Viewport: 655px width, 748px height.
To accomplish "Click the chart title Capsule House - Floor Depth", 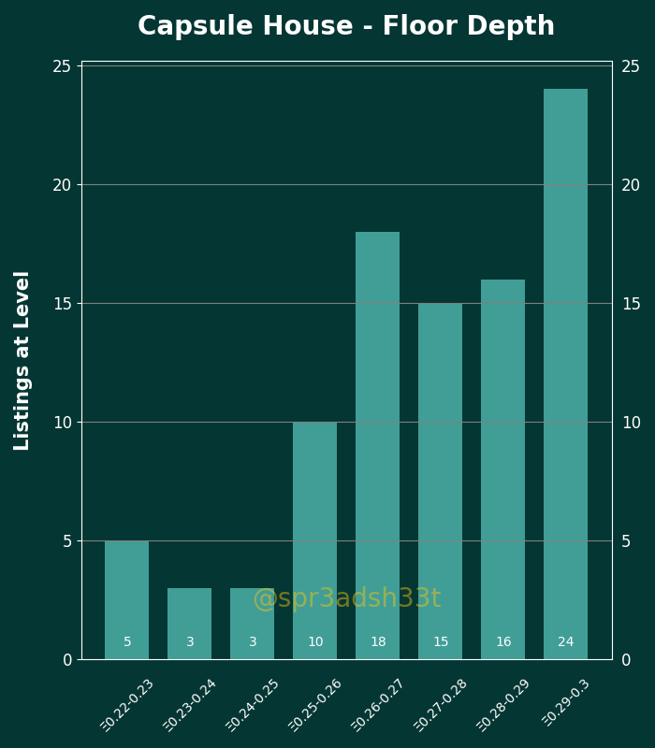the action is (346, 25).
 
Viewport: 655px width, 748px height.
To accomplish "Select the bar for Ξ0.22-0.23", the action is (126, 600).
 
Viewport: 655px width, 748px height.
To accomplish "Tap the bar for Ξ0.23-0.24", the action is (190, 624).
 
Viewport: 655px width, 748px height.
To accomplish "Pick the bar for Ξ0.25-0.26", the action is (314, 541).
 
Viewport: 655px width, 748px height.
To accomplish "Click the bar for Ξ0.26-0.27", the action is (378, 446).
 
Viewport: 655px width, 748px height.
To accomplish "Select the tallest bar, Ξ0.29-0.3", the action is (566, 375).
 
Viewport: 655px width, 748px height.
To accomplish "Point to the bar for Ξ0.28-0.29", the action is (502, 469).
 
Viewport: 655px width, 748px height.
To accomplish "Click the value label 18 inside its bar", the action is (378, 641).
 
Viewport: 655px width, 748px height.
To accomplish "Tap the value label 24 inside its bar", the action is (566, 641).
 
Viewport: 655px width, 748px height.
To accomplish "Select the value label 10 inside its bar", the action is (315, 641).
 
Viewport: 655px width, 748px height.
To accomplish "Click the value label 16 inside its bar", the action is (503, 641).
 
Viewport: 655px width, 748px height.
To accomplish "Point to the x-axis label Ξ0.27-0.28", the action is (440, 705).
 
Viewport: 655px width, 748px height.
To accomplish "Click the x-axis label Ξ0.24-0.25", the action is (252, 705).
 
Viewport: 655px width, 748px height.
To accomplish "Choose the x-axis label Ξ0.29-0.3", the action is (566, 703).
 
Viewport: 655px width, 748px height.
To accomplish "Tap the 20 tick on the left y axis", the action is (62, 185).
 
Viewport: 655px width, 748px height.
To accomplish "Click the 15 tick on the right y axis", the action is (631, 304).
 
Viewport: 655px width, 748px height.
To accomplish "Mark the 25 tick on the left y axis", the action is (62, 66).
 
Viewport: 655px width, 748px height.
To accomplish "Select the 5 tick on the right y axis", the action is (626, 541).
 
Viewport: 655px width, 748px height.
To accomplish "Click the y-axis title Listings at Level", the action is (22, 361).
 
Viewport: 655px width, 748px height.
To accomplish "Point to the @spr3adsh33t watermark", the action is (347, 597).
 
